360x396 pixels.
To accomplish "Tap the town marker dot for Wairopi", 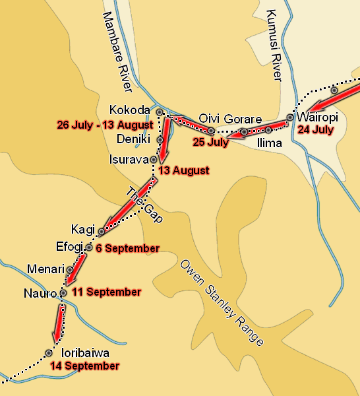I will click(290, 118).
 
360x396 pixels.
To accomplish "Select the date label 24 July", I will click(315, 130).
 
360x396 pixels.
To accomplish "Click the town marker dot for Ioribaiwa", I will click(49, 353).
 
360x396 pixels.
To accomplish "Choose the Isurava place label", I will click(129, 159).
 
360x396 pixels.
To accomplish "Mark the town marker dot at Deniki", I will click(160, 140).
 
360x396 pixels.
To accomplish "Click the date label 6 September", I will click(127, 249).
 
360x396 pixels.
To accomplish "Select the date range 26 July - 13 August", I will click(105, 124).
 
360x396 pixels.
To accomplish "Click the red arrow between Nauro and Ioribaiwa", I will click(58, 321).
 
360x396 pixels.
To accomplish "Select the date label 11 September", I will click(106, 292).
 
